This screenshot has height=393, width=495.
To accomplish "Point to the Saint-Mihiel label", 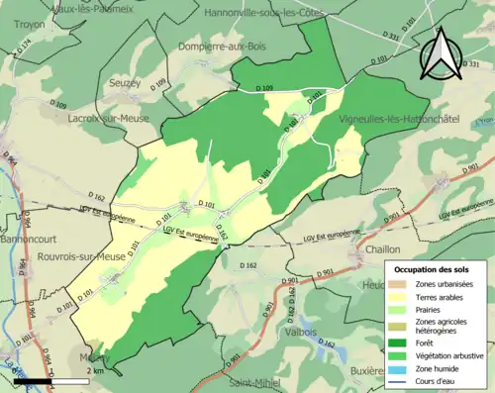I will (x=255, y=382).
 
